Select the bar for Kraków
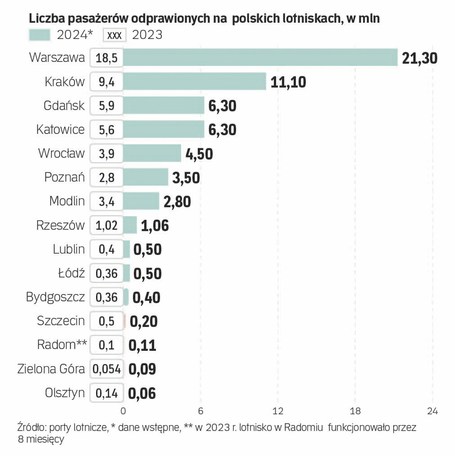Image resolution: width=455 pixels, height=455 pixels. pos(195,82)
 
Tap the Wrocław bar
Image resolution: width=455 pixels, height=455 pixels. pos(152,153)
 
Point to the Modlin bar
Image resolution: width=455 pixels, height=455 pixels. pos(141,201)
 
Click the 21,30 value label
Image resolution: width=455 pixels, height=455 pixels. pos(420,58)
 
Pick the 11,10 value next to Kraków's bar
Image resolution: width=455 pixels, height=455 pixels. pos(288,82)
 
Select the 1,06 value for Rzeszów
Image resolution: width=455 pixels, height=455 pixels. pos(155,225)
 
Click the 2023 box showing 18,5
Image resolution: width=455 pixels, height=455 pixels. pos(107,58)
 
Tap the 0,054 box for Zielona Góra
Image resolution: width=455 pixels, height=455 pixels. pos(107,369)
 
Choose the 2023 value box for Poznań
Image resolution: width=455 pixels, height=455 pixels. pos(107,177)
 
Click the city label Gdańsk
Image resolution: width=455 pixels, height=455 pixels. pos(64,106)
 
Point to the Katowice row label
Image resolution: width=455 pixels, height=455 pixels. pos(60,129)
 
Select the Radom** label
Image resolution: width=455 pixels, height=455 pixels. pos(62,345)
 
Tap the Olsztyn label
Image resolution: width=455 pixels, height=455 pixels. pos(64,393)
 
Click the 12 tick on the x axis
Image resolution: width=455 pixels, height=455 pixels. pos(278,411)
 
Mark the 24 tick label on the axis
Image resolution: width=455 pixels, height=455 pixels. pos(432,411)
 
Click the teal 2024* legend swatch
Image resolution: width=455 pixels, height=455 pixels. pos(40,35)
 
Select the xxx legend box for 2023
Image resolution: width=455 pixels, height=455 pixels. pos(115,35)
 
